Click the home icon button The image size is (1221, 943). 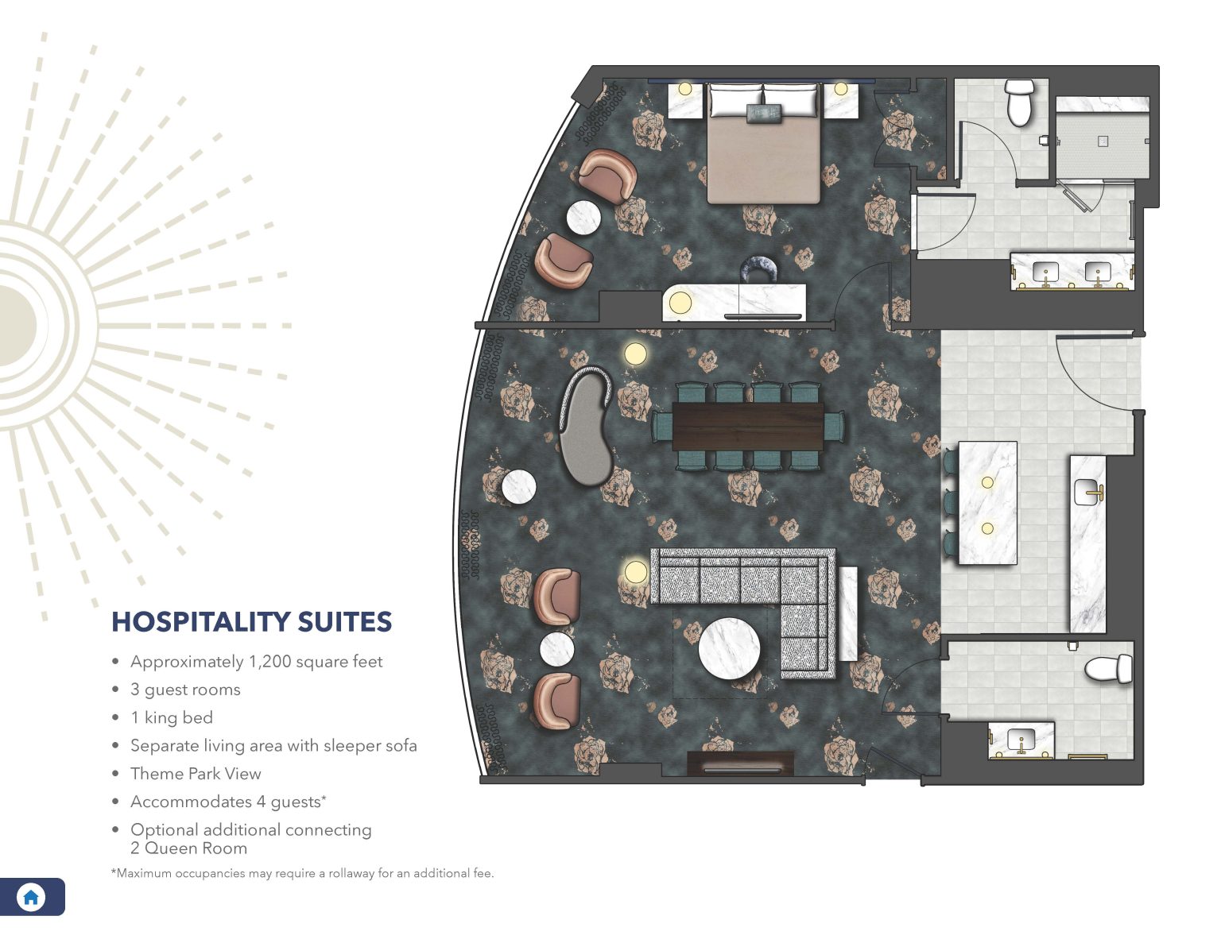click(31, 897)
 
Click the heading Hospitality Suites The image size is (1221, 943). click(251, 621)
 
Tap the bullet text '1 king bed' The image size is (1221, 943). click(172, 717)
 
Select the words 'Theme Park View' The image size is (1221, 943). click(196, 773)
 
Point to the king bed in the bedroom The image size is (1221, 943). click(763, 155)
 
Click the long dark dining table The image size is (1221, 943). click(748, 427)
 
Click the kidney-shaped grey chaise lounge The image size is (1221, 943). click(585, 425)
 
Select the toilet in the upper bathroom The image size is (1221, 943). click(1018, 102)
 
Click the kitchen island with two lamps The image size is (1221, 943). click(987, 503)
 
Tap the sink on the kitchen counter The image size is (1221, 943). click(1088, 493)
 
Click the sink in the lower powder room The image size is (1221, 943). click(1021, 740)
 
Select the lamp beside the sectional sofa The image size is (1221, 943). click(635, 571)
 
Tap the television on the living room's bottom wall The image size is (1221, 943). click(740, 769)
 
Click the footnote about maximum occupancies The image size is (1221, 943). click(302, 873)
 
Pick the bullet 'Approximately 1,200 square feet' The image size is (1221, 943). click(256, 661)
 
